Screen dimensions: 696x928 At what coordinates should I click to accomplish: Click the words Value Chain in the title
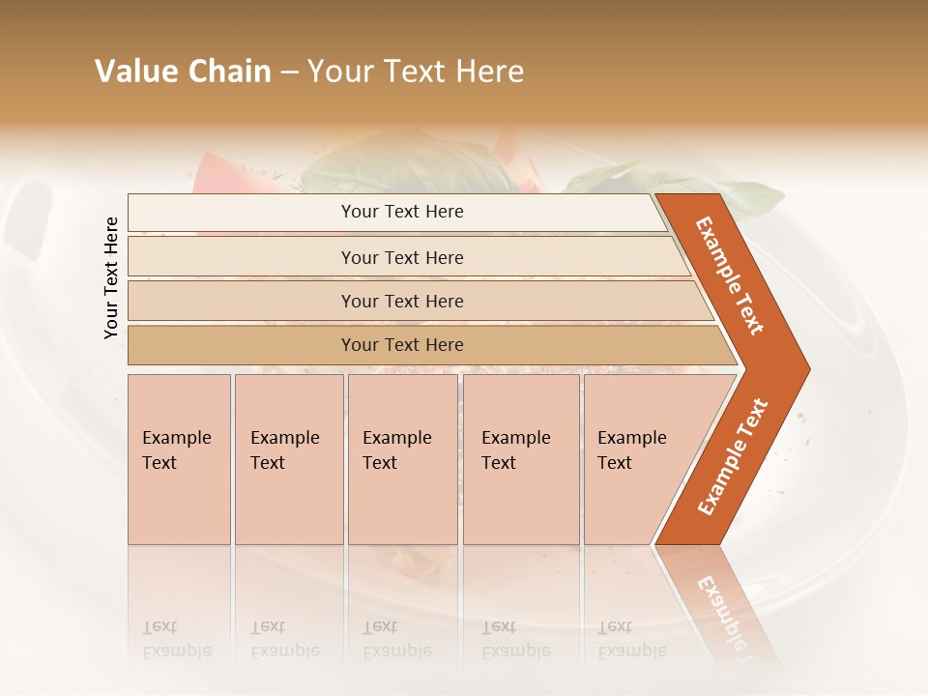click(183, 72)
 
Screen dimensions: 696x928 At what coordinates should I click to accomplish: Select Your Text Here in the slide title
click(416, 72)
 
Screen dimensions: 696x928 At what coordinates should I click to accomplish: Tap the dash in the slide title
click(289, 72)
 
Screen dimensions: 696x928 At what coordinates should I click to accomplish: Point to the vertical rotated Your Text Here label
click(111, 277)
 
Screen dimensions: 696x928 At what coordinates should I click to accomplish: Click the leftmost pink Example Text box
click(179, 458)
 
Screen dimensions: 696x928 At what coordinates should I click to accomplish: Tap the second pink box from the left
click(288, 458)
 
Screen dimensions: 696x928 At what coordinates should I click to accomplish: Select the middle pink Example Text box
click(402, 458)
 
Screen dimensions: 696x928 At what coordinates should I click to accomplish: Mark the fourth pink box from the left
click(521, 458)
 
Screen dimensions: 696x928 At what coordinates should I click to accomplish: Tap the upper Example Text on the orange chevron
click(730, 275)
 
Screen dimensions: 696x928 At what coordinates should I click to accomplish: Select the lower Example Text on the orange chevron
click(733, 456)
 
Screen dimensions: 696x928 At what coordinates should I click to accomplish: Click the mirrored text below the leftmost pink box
click(176, 639)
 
